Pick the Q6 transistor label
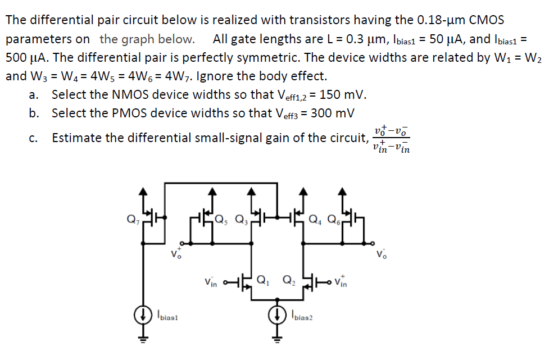pos(334,219)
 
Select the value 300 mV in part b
pos(332,113)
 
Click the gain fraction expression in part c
pos(391,138)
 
